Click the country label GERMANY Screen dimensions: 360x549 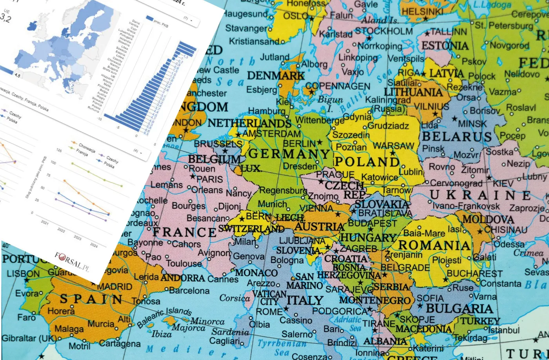pos(289,153)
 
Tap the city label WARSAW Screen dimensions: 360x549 pos(393,146)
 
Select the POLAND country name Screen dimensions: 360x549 pos(367,162)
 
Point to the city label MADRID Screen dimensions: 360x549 pos(115,287)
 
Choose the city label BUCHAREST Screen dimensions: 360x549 pos(474,273)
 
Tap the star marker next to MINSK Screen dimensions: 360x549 pos(454,118)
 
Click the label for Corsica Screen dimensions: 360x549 pos(235,298)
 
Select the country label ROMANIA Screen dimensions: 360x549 pos(434,245)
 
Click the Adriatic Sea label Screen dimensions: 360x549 pos(348,324)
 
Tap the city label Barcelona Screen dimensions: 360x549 pos(189,291)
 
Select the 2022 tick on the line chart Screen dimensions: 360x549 pos(61,230)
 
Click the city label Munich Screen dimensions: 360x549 pos(272,204)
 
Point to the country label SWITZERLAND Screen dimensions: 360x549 pos(251,228)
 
